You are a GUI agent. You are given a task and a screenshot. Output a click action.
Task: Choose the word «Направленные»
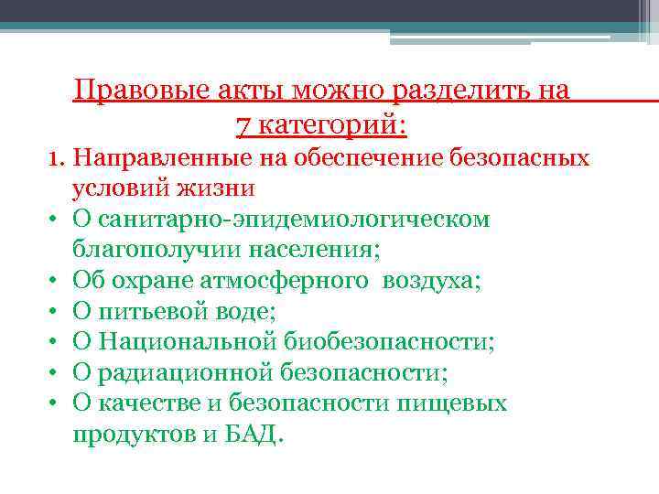click(x=160, y=158)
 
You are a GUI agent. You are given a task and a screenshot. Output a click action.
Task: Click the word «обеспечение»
click(x=397, y=158)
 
